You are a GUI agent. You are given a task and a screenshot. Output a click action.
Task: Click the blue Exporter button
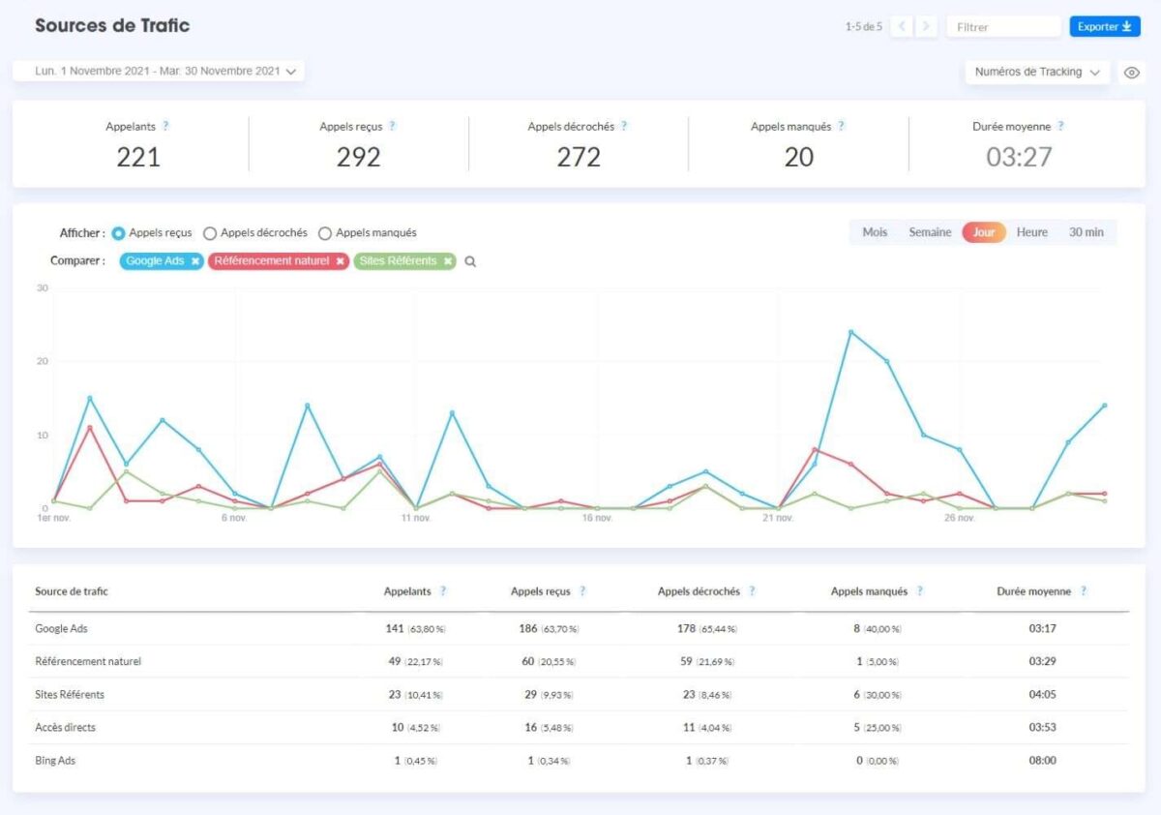(1104, 27)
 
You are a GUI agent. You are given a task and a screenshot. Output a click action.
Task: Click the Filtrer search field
(1002, 27)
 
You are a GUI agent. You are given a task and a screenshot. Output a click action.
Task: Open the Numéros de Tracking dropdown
(1037, 72)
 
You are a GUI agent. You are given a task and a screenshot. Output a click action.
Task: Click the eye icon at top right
(1131, 73)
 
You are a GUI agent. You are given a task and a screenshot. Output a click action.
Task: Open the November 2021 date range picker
(159, 71)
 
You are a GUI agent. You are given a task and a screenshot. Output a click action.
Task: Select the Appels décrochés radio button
(210, 233)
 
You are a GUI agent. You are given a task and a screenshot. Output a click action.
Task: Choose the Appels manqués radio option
(325, 233)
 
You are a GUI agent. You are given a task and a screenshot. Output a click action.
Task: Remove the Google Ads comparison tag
(194, 261)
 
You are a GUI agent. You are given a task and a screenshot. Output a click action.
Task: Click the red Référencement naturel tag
(272, 261)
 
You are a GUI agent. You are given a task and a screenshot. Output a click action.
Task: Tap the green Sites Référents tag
(398, 261)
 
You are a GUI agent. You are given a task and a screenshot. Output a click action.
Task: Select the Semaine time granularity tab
(930, 232)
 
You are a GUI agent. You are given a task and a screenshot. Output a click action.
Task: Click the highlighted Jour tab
(984, 232)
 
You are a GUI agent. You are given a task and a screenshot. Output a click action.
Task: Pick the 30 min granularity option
(1086, 232)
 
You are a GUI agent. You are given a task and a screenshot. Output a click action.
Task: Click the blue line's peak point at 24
(850, 332)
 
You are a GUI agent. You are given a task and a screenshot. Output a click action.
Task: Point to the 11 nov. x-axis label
(415, 518)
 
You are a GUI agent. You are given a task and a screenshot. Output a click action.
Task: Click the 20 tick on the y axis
(43, 361)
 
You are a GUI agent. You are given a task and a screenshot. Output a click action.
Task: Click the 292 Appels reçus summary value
(358, 157)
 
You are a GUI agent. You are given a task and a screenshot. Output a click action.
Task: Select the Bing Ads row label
(55, 761)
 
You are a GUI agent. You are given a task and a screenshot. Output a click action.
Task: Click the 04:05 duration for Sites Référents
(1043, 695)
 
